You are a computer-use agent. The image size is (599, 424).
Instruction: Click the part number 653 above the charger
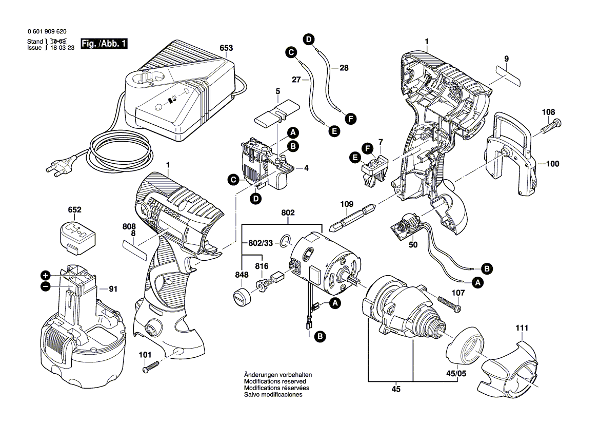coord(226,48)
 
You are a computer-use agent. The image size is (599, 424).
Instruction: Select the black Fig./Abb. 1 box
coord(104,45)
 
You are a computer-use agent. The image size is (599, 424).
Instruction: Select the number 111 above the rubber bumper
coord(522,327)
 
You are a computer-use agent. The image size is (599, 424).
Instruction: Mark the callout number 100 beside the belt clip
coord(552,164)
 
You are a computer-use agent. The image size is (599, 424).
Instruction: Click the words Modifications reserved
coord(275,382)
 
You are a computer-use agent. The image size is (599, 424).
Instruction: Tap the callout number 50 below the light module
coord(413,245)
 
